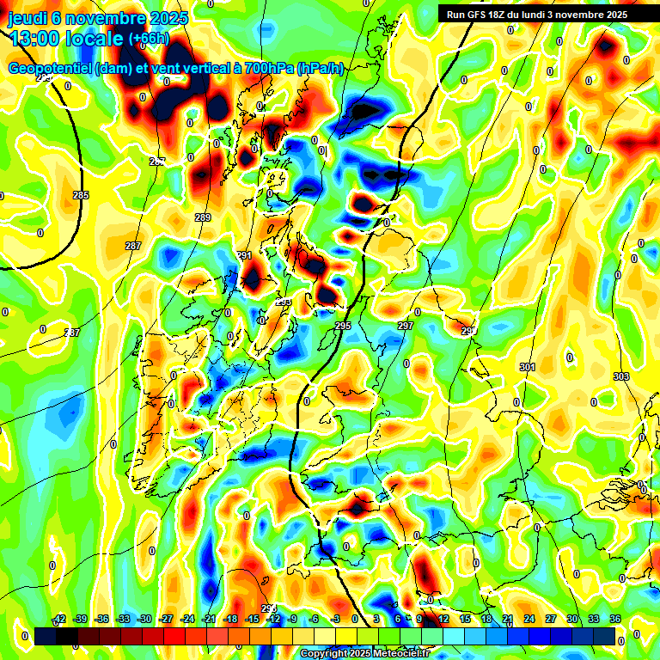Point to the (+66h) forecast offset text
pos(148,39)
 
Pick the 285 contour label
pos(81,196)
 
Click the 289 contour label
pos(203,217)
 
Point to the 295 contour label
pos(343,326)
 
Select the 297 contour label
pos(406,326)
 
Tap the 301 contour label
pos(528,368)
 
